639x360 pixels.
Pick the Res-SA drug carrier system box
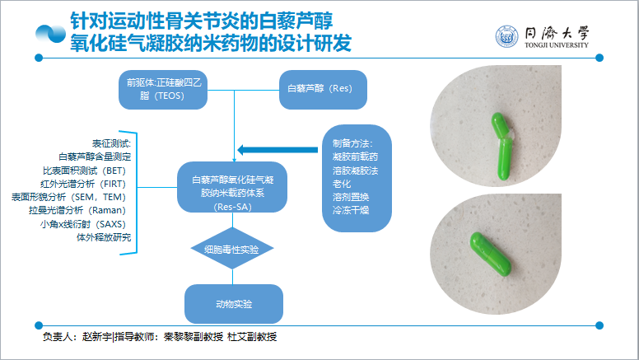pyautogui.click(x=233, y=193)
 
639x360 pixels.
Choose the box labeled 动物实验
pyautogui.click(x=234, y=304)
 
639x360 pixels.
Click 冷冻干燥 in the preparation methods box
pyautogui.click(x=350, y=211)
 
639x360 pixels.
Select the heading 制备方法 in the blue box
pyautogui.click(x=353, y=142)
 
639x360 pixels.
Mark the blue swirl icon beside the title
pyautogui.click(x=51, y=34)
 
